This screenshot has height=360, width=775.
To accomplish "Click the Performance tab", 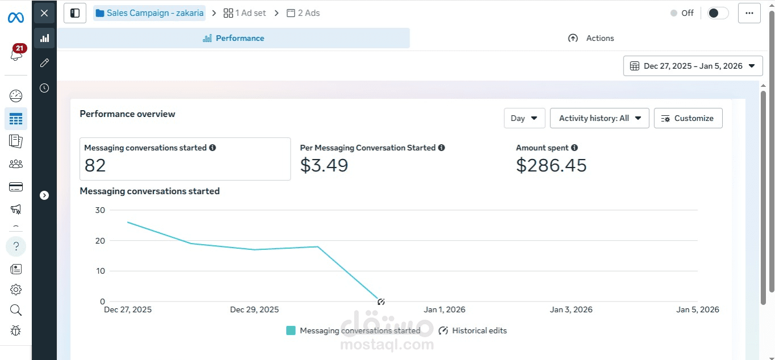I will point(233,38).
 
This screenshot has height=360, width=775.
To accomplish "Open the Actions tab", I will point(591,38).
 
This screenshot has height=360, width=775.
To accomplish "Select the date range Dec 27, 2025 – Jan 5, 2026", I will point(693,66).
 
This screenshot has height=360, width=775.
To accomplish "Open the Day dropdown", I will point(524,118).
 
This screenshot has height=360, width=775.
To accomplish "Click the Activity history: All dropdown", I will point(599,118).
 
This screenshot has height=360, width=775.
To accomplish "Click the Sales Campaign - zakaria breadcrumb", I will point(149,13).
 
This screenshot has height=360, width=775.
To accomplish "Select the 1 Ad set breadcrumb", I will point(245,13).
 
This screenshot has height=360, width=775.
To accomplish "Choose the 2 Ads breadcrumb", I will point(303,13).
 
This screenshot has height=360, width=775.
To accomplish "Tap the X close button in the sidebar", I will point(44,13).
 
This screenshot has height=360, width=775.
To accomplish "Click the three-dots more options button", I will point(749,13).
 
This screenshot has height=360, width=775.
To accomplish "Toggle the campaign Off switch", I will point(718,13).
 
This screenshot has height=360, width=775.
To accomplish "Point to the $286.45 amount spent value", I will point(551,165).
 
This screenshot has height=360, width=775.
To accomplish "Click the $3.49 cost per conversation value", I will point(324,165).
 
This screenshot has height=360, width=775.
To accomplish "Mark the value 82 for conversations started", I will point(95,165).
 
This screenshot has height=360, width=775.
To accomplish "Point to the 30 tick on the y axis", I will point(100,210).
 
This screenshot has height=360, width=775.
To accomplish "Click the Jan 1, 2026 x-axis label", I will point(445,309).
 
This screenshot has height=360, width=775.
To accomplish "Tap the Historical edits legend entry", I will point(473,330).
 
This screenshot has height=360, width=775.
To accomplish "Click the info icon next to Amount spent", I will point(575,148).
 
